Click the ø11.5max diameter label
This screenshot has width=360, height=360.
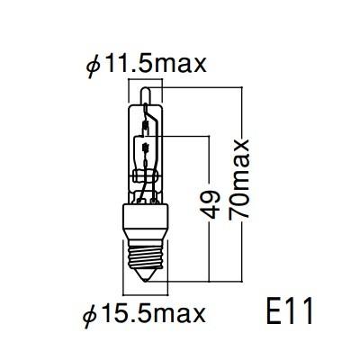pos(144,64)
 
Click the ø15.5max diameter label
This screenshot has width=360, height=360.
pos(144,314)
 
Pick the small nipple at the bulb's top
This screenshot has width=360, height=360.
pos(143,89)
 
